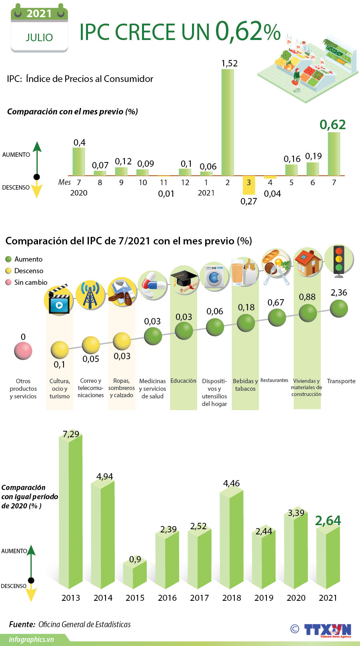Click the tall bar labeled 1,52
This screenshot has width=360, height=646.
(228, 122)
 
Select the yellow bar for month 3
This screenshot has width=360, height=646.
(249, 185)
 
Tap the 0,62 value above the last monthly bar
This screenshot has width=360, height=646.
(332, 125)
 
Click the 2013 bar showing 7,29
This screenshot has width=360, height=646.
(71, 512)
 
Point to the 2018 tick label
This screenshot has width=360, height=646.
(232, 598)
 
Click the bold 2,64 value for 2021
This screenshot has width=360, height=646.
(328, 520)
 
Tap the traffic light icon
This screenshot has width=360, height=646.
(339, 260)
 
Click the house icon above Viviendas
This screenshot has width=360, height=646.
(308, 263)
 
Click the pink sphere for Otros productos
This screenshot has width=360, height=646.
(23, 351)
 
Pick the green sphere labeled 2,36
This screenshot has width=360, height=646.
(339, 308)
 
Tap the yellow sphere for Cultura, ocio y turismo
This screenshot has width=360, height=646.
(60, 350)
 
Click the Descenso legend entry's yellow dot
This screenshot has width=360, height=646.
(8, 271)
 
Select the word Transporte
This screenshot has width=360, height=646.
(341, 381)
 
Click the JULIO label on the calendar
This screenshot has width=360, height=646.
(39, 38)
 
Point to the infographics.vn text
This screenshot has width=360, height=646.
(31, 639)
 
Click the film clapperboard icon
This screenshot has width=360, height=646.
(59, 300)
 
